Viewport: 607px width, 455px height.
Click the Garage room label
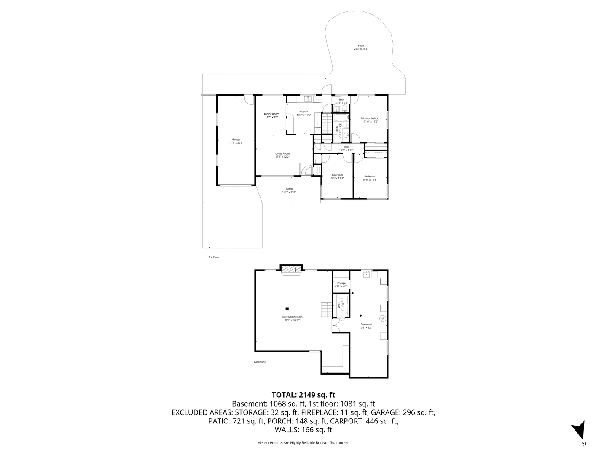[x=236, y=139]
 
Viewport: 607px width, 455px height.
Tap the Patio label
[x=361, y=45]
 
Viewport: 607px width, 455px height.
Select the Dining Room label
[x=271, y=114]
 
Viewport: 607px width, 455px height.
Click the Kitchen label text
[x=303, y=112]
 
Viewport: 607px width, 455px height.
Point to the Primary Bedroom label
[x=371, y=118]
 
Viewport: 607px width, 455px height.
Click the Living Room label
[x=282, y=153]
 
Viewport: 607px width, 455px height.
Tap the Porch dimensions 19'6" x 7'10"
[x=289, y=192]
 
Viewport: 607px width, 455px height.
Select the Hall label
[x=346, y=147]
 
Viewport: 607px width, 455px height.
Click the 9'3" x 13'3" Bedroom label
[x=337, y=175]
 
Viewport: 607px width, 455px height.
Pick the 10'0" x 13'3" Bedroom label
[x=370, y=177]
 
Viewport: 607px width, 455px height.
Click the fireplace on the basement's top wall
[x=291, y=269]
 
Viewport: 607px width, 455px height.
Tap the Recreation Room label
[x=292, y=317]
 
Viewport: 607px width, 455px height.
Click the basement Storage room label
[x=341, y=283]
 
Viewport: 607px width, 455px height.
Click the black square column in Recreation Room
[x=287, y=308]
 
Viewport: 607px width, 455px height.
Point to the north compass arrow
[x=579, y=430]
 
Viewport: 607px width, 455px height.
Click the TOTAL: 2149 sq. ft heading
[x=303, y=395]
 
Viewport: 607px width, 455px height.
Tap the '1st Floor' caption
[x=214, y=257]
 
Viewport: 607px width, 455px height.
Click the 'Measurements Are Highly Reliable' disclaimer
[x=303, y=443]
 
